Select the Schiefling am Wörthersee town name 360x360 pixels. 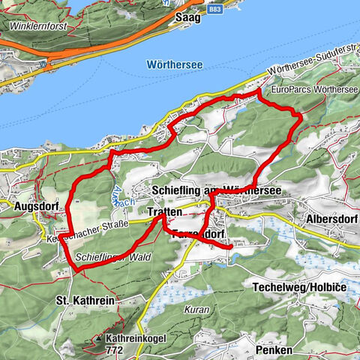point(216,192)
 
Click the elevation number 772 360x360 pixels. point(115,349)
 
